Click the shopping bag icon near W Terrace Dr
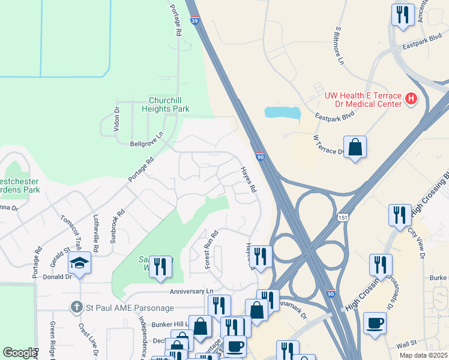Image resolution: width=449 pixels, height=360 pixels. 355,147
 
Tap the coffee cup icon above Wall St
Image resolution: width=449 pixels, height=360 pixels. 375,323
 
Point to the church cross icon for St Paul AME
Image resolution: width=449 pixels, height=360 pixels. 76,307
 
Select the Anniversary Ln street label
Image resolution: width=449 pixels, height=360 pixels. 191,292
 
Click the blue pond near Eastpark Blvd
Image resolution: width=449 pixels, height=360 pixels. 282,113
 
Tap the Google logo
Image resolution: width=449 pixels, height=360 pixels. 19,353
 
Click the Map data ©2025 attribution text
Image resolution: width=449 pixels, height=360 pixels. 423,355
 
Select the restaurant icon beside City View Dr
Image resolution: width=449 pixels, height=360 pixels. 400,214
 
